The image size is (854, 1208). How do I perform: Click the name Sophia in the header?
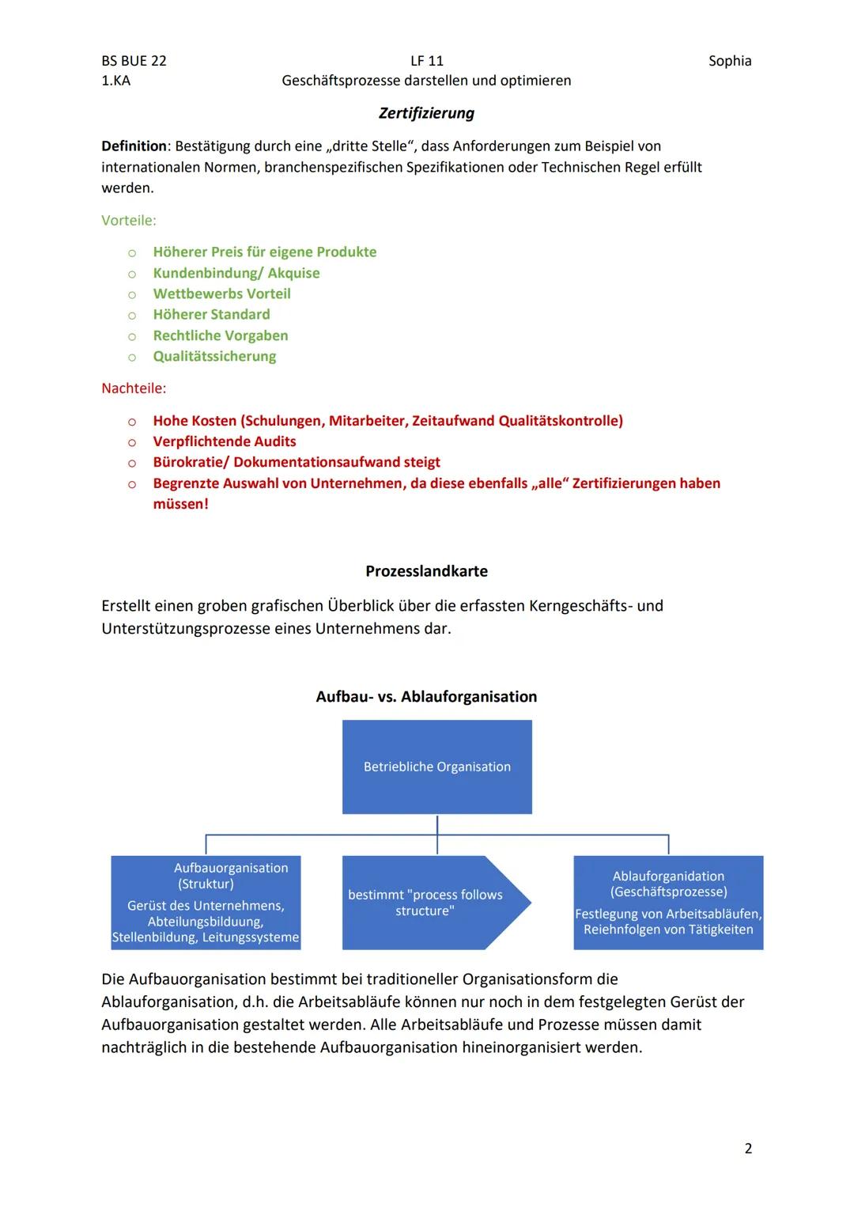[729, 61]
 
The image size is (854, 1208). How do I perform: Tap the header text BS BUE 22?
[134, 61]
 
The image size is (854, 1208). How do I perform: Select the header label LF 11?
[427, 61]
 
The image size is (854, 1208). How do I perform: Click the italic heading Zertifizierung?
[426, 113]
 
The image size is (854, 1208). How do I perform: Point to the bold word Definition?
[134, 146]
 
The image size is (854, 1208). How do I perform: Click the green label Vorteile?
[129, 221]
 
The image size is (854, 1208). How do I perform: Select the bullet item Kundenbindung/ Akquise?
[236, 273]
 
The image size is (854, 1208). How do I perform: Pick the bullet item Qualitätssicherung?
[214, 356]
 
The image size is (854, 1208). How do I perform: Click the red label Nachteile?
[134, 388]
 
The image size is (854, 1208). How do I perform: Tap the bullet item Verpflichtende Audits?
[225, 441]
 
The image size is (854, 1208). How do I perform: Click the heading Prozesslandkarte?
[426, 571]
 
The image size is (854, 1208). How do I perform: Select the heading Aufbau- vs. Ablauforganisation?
[426, 697]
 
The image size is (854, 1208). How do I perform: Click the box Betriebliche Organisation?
[436, 767]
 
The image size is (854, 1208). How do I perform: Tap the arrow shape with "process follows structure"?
[431, 903]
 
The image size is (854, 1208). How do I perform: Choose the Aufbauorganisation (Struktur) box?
[206, 903]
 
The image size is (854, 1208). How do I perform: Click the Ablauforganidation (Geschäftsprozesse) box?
[668, 903]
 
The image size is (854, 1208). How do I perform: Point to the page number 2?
[748, 1149]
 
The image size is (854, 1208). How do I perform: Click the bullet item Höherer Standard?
[211, 315]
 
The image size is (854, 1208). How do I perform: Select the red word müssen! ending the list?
[180, 504]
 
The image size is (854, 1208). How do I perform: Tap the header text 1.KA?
[116, 81]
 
